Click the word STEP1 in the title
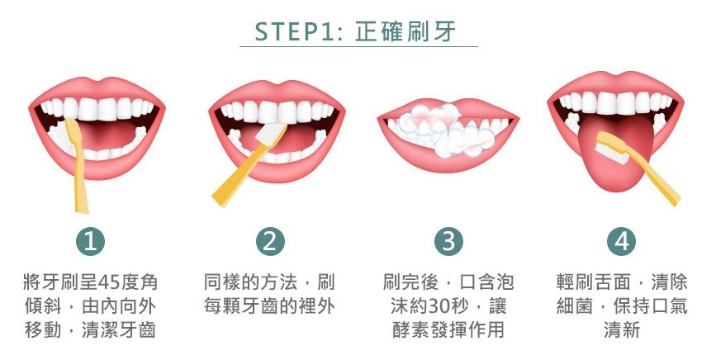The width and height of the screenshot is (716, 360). [x=295, y=32]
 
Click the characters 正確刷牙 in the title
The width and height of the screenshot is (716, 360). [x=405, y=32]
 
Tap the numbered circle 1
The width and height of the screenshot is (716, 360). [x=90, y=241]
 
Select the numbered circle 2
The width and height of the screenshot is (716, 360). [x=270, y=241]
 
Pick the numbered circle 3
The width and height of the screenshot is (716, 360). [x=448, y=241]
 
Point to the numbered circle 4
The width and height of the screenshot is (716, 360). [x=622, y=241]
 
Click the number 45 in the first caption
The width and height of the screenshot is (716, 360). [x=107, y=282]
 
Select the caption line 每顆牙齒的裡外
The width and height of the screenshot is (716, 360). [x=269, y=306]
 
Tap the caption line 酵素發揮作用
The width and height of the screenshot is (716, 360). [x=448, y=329]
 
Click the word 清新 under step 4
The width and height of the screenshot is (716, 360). [x=622, y=329]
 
